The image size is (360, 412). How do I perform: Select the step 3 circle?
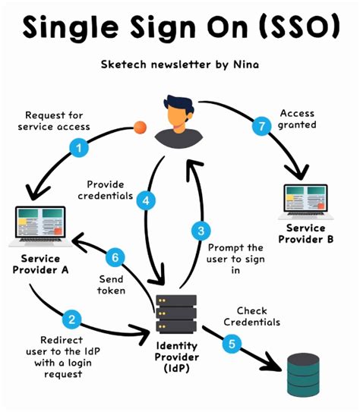[x=200, y=231]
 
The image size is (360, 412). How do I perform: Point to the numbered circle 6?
[x=115, y=258]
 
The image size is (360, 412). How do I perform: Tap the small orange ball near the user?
[x=140, y=127]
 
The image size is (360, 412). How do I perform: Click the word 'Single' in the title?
[x=65, y=29]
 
